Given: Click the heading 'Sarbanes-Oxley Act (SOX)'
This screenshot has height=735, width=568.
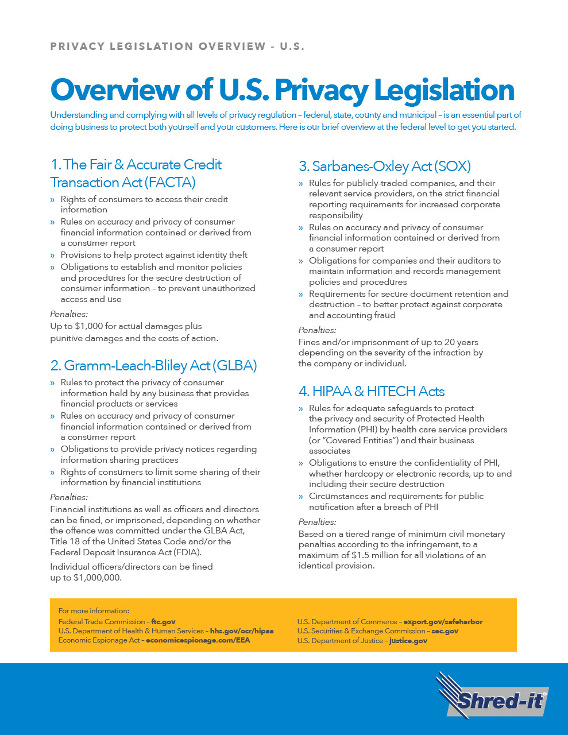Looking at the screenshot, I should point(384,167).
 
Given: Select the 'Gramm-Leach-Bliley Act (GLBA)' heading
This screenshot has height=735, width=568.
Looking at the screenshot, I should point(153,366).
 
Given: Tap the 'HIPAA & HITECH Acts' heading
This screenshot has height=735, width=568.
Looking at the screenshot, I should point(371,392).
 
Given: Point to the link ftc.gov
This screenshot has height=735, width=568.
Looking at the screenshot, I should point(163,622).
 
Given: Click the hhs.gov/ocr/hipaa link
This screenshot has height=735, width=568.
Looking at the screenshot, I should point(241,631).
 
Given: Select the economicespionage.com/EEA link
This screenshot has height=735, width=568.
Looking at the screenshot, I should point(198,640).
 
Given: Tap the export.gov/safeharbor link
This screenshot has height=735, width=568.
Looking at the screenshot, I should point(443,622).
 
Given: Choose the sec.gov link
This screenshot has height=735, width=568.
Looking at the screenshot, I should point(445,631).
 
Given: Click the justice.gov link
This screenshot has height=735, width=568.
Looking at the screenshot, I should point(408,641).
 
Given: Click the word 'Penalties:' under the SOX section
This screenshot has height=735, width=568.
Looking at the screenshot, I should point(317,330).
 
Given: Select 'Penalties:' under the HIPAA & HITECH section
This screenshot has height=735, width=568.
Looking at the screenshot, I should point(317,522).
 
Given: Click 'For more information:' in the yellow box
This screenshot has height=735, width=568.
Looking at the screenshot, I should point(94,611).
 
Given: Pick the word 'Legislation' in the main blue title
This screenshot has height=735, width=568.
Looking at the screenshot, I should point(444,90).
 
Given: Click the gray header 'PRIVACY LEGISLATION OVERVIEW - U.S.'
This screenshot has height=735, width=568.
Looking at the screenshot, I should point(177,47).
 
